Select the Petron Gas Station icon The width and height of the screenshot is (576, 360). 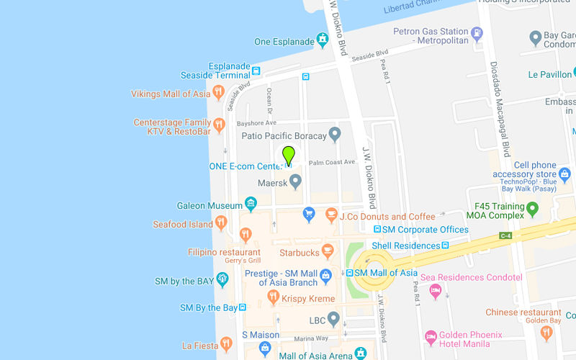point(476,32)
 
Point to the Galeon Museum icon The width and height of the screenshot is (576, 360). point(251,205)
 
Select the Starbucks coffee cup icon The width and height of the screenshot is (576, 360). point(328,251)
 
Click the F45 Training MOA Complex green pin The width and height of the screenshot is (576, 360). point(533,209)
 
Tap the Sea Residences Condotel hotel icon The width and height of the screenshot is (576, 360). point(435,290)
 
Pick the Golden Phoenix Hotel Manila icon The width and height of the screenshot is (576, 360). point(431,337)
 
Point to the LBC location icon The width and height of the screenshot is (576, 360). point(333,318)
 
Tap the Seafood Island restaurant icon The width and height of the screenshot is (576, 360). point(221,223)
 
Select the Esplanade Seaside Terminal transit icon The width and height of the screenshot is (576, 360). point(256,71)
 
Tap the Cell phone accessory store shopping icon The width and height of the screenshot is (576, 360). point(564,174)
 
